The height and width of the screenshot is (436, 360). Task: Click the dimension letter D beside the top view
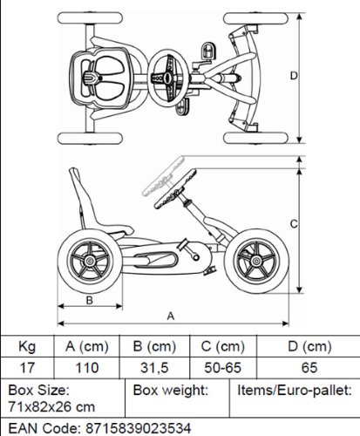click(294, 76)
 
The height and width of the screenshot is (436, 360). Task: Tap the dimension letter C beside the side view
click(294, 224)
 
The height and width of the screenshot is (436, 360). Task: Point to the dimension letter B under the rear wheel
click(90, 300)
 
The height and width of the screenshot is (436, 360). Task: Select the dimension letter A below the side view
click(171, 317)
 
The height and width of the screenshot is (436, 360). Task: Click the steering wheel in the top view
click(168, 78)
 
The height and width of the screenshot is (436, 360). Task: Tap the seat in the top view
click(100, 78)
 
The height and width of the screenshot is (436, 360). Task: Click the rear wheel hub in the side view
click(90, 261)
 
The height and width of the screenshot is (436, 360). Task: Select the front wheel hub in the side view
click(256, 261)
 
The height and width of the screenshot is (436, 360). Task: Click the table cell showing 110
click(87, 368)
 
